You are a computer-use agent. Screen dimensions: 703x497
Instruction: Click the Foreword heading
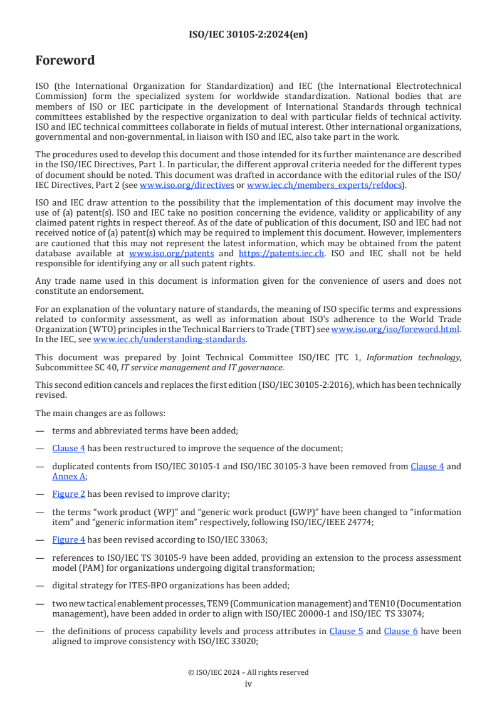[x=65, y=61]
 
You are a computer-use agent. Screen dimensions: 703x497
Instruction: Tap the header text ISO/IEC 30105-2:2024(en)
[x=248, y=35]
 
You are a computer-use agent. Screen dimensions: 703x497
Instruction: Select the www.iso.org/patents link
[x=171, y=254]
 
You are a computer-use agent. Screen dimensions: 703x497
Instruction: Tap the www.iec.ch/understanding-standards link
[x=169, y=340]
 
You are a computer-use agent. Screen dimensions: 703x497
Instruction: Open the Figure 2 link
[x=69, y=494]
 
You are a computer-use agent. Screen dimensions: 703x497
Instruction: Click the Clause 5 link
[x=346, y=631]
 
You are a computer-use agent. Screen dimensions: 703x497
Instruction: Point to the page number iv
[x=248, y=684]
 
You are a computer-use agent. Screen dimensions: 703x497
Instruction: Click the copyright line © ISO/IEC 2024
[x=248, y=672]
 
